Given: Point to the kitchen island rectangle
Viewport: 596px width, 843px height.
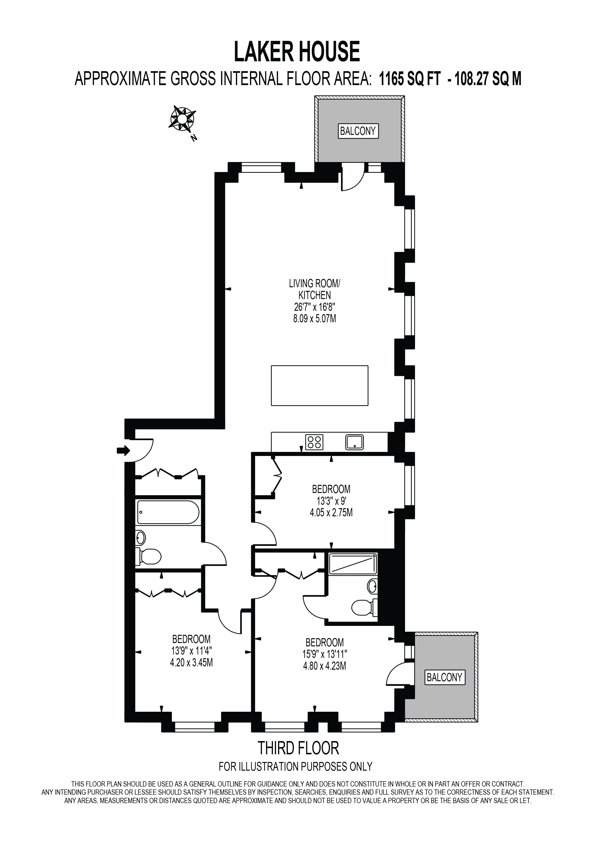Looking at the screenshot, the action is tap(320, 386).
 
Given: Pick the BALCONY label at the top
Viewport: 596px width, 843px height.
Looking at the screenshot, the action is tap(358, 131).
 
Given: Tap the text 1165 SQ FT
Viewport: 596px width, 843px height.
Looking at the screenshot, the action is tap(410, 79).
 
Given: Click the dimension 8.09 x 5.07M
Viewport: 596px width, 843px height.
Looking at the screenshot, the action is tap(315, 318).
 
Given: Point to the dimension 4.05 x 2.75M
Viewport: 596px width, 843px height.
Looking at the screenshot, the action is tap(331, 512).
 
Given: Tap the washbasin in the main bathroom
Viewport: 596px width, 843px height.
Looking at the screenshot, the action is tap(141, 538).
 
